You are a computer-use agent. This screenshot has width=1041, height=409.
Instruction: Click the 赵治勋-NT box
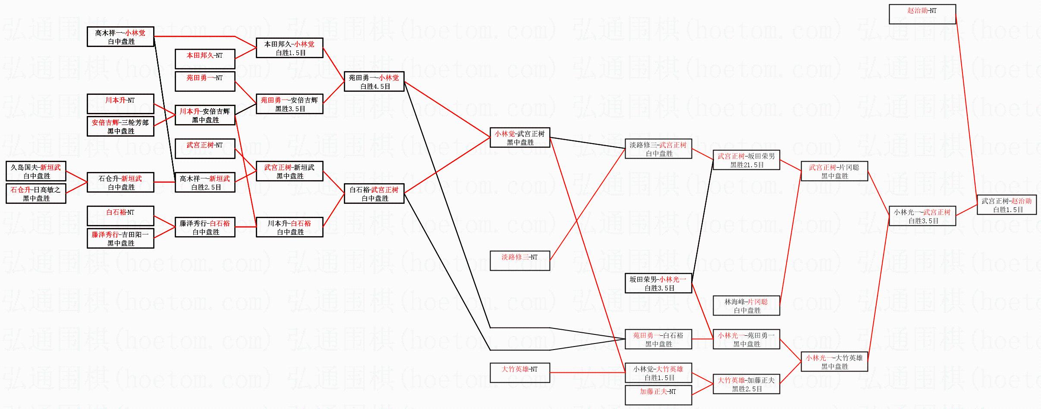pyautogui.click(x=922, y=14)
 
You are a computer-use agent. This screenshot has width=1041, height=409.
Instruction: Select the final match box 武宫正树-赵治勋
pyautogui.click(x=1006, y=205)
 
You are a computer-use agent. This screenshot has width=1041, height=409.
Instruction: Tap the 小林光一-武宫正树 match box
pyautogui.click(x=922, y=216)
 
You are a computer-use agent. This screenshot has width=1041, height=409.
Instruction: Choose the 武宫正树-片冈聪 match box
pyautogui.click(x=834, y=171)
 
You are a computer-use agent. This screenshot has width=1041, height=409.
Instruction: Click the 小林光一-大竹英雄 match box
pyautogui.click(x=834, y=362)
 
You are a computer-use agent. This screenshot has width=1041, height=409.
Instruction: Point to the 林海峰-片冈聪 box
pyautogui.click(x=746, y=306)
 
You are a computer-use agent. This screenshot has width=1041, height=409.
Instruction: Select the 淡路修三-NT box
pyautogui.click(x=520, y=261)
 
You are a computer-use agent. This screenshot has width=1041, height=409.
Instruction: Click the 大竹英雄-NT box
pyautogui.click(x=520, y=373)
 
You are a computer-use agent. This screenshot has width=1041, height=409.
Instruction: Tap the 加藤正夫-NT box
pyautogui.click(x=658, y=395)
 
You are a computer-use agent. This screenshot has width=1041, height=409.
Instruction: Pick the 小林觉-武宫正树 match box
pyautogui.click(x=520, y=137)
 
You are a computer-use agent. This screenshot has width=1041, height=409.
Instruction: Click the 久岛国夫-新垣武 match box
pyautogui.click(x=36, y=171)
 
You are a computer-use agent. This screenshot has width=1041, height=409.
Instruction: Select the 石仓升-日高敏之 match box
pyautogui.click(x=36, y=194)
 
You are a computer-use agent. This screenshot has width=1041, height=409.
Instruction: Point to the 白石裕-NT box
pyautogui.click(x=120, y=216)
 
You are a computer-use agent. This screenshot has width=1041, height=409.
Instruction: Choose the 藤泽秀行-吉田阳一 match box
pyautogui.click(x=120, y=238)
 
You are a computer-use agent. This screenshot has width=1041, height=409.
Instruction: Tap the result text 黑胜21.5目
pyautogui.click(x=747, y=165)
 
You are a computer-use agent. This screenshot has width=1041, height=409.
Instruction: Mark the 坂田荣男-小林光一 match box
pyautogui.click(x=658, y=283)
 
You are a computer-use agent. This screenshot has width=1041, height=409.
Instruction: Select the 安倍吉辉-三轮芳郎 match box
pyautogui.click(x=120, y=126)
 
